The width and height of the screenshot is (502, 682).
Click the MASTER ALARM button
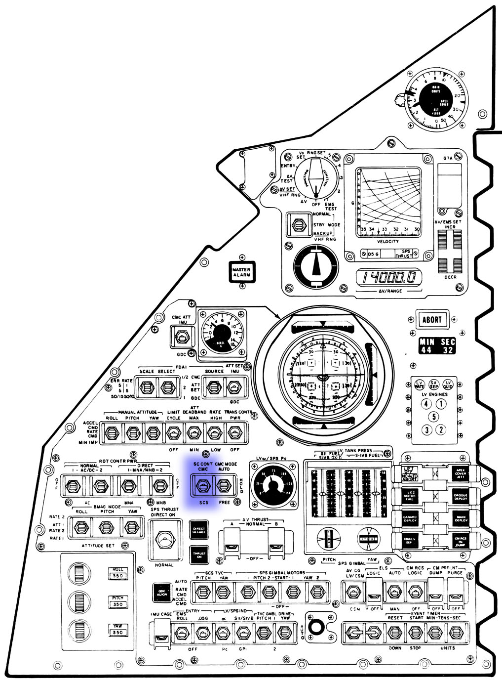pos(242,272)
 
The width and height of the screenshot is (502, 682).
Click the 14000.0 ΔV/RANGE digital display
pos(389,278)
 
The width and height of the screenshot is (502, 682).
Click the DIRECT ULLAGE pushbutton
pos(198,530)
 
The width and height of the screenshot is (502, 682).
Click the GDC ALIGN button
pos(161,592)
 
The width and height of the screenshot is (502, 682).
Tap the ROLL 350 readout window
pos(118,573)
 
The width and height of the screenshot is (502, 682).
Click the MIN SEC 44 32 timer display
pos(437,346)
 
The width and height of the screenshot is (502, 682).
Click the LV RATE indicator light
pos(419,384)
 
